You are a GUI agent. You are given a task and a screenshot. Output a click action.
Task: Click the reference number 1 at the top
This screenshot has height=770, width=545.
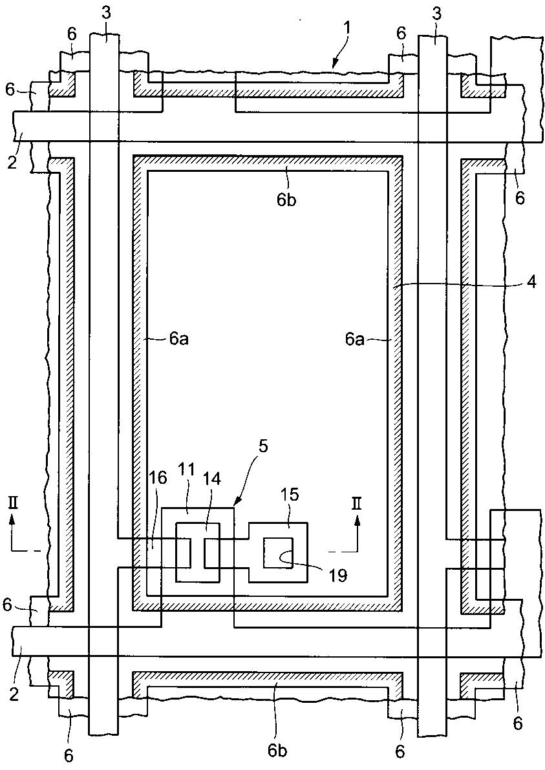pyautogui.click(x=348, y=28)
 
